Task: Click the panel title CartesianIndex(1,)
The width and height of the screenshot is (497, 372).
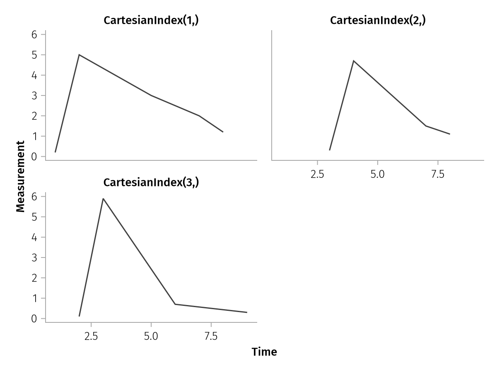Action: [151, 21]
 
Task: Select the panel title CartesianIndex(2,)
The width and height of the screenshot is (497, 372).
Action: [378, 21]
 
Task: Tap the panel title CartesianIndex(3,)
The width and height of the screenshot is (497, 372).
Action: [151, 182]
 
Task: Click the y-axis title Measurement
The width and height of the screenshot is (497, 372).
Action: [21, 176]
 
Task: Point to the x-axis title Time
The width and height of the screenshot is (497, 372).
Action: [264, 352]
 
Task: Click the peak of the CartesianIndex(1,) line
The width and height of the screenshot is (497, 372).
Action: [79, 55]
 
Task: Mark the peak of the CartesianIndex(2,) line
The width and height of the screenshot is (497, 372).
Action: [353, 61]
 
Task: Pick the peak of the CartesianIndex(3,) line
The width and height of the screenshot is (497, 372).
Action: [103, 198]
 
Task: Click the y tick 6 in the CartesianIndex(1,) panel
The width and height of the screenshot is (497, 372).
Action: [34, 35]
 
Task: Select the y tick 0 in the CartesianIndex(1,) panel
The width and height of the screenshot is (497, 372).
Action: [34, 157]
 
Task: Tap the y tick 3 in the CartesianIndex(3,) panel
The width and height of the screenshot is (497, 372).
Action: [34, 258]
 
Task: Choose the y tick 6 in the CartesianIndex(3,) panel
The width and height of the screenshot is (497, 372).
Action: [34, 197]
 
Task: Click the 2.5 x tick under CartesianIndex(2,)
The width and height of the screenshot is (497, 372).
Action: [317, 174]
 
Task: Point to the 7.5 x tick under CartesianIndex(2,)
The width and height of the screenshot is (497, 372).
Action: [438, 174]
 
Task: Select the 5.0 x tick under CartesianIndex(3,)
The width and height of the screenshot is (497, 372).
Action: [151, 336]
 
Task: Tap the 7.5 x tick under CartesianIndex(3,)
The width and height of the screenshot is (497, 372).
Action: [211, 336]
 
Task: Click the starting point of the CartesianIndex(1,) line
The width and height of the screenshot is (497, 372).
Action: [55, 152]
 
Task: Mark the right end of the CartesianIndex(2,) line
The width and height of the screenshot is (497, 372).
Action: [450, 134]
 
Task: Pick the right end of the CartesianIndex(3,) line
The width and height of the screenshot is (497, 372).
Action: [247, 312]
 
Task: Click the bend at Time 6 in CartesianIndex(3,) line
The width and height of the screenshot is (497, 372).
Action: [175, 304]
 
